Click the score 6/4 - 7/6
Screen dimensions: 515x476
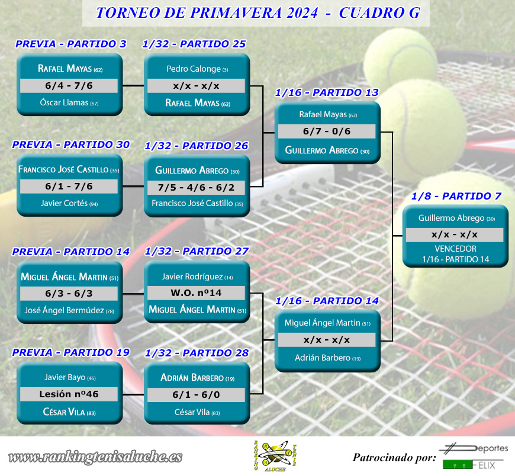69,86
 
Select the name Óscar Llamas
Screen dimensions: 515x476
64,102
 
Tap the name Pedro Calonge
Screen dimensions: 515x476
194,69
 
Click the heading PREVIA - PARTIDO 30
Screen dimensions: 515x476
71,144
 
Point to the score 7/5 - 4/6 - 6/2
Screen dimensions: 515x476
196,188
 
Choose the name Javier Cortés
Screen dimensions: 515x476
64,203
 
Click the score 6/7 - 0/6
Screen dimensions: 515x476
327,131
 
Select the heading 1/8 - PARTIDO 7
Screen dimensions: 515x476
456,196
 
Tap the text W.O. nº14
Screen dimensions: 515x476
196,292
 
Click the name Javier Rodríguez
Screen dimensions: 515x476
192,276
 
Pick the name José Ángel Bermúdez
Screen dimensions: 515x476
64,310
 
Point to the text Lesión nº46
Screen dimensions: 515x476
69,394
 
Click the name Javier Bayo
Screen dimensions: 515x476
65,377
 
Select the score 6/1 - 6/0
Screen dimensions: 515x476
196,394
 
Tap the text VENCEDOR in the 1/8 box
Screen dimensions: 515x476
456,249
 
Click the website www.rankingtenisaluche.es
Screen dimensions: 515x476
95,457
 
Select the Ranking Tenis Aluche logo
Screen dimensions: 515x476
275,456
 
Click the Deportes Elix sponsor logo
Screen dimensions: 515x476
474,456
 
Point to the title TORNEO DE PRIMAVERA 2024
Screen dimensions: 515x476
207,13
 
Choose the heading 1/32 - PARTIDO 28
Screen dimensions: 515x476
197,353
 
